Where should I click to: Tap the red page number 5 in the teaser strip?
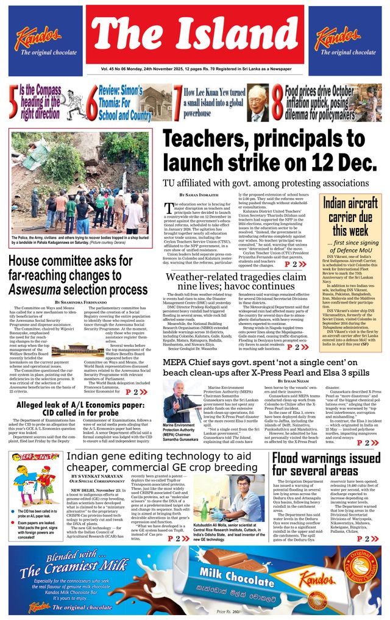[x=13, y=102]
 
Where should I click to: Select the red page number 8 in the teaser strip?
[x=277, y=102]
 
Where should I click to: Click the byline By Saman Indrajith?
[x=200, y=194]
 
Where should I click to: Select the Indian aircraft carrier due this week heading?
[x=352, y=216]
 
